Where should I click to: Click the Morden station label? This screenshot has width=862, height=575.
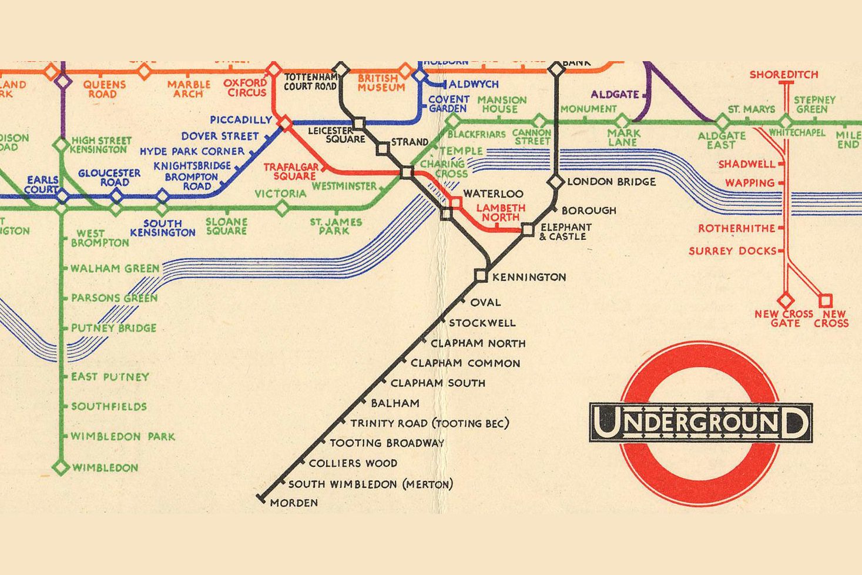click(294, 503)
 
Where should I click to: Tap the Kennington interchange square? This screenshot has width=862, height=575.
click(481, 275)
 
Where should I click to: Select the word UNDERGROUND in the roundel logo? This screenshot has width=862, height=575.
click(701, 423)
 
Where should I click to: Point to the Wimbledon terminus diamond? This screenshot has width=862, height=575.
click(61, 467)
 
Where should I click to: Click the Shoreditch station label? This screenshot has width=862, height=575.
click(784, 75)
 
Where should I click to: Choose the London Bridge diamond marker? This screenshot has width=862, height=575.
click(556, 182)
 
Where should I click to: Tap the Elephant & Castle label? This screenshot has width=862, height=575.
click(565, 232)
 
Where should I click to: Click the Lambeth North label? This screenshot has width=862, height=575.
click(501, 212)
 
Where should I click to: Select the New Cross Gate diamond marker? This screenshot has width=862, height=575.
click(786, 300)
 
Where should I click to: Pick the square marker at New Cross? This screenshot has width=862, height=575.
click(826, 300)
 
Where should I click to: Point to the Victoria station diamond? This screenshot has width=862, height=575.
click(282, 208)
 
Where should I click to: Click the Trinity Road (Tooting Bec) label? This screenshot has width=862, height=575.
click(430, 423)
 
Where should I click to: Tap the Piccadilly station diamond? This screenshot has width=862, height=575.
click(285, 123)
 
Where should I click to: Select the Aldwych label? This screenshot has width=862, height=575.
click(474, 84)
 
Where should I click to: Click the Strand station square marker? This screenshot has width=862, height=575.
click(383, 149)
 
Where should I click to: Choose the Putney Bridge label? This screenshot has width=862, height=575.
click(113, 328)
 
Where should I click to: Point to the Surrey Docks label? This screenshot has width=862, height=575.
click(732, 251)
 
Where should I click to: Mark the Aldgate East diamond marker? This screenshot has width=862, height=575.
click(722, 122)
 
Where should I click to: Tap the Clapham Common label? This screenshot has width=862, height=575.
click(465, 363)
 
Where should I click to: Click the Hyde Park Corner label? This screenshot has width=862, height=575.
click(192, 151)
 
